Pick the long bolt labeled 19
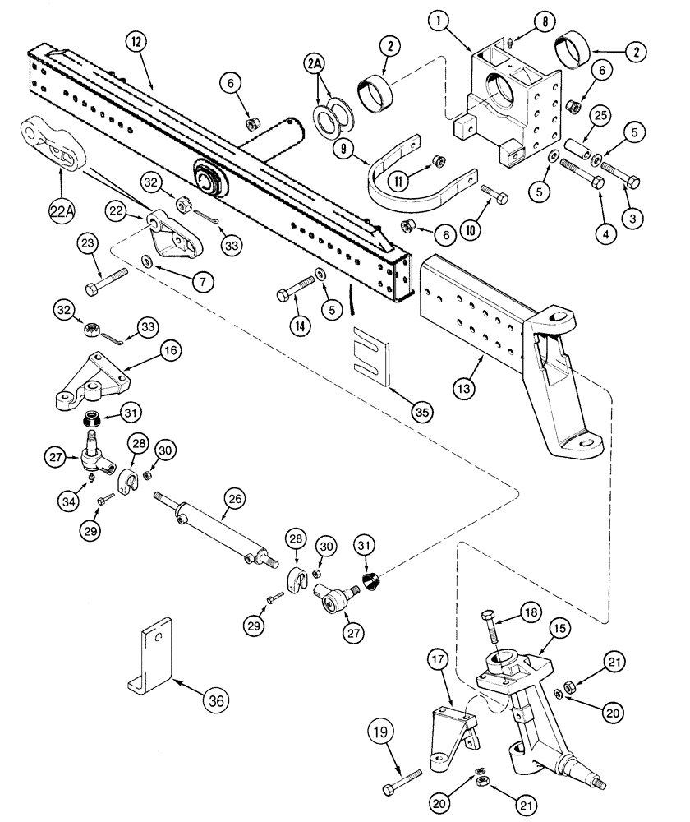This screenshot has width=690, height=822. pyautogui.click(x=402, y=778)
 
